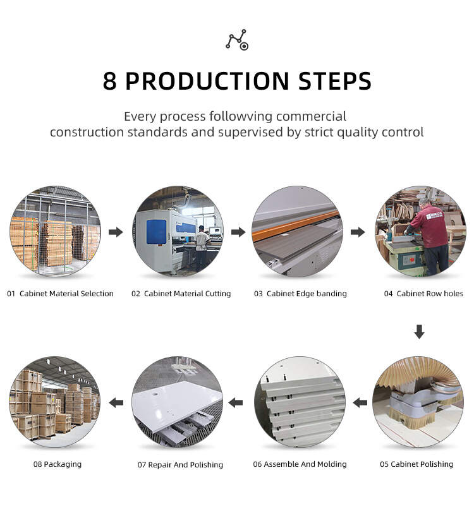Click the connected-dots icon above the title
[x=237, y=40]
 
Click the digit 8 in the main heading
[x=109, y=81]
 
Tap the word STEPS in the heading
[x=335, y=81]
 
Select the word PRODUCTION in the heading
[x=207, y=81]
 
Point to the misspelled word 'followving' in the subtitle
[x=241, y=116]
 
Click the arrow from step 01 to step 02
[x=116, y=232]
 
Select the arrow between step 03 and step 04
[x=358, y=232]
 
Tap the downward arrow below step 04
[x=419, y=332]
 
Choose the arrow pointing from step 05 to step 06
[x=360, y=403]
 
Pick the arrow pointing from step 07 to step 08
[x=116, y=403]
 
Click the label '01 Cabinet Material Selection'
[x=60, y=294]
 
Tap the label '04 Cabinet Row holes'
[x=423, y=294]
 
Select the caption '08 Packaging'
[x=58, y=464]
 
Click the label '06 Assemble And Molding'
[x=300, y=464]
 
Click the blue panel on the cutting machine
[x=156, y=232]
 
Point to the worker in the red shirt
[x=428, y=238]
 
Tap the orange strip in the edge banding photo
[x=295, y=225]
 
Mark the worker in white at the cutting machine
[x=202, y=247]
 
